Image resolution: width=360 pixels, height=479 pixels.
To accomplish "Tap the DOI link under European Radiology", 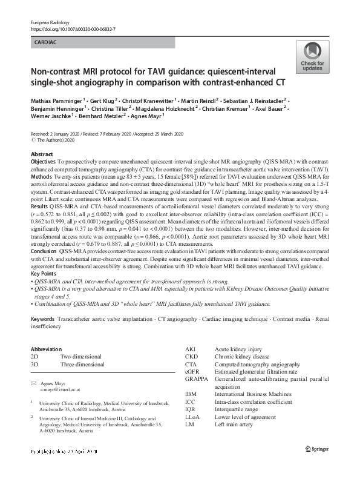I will (x=73, y=28).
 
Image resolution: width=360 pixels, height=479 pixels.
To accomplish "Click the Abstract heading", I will (x=42, y=155).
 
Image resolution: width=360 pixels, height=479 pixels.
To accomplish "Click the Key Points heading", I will (x=45, y=273).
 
